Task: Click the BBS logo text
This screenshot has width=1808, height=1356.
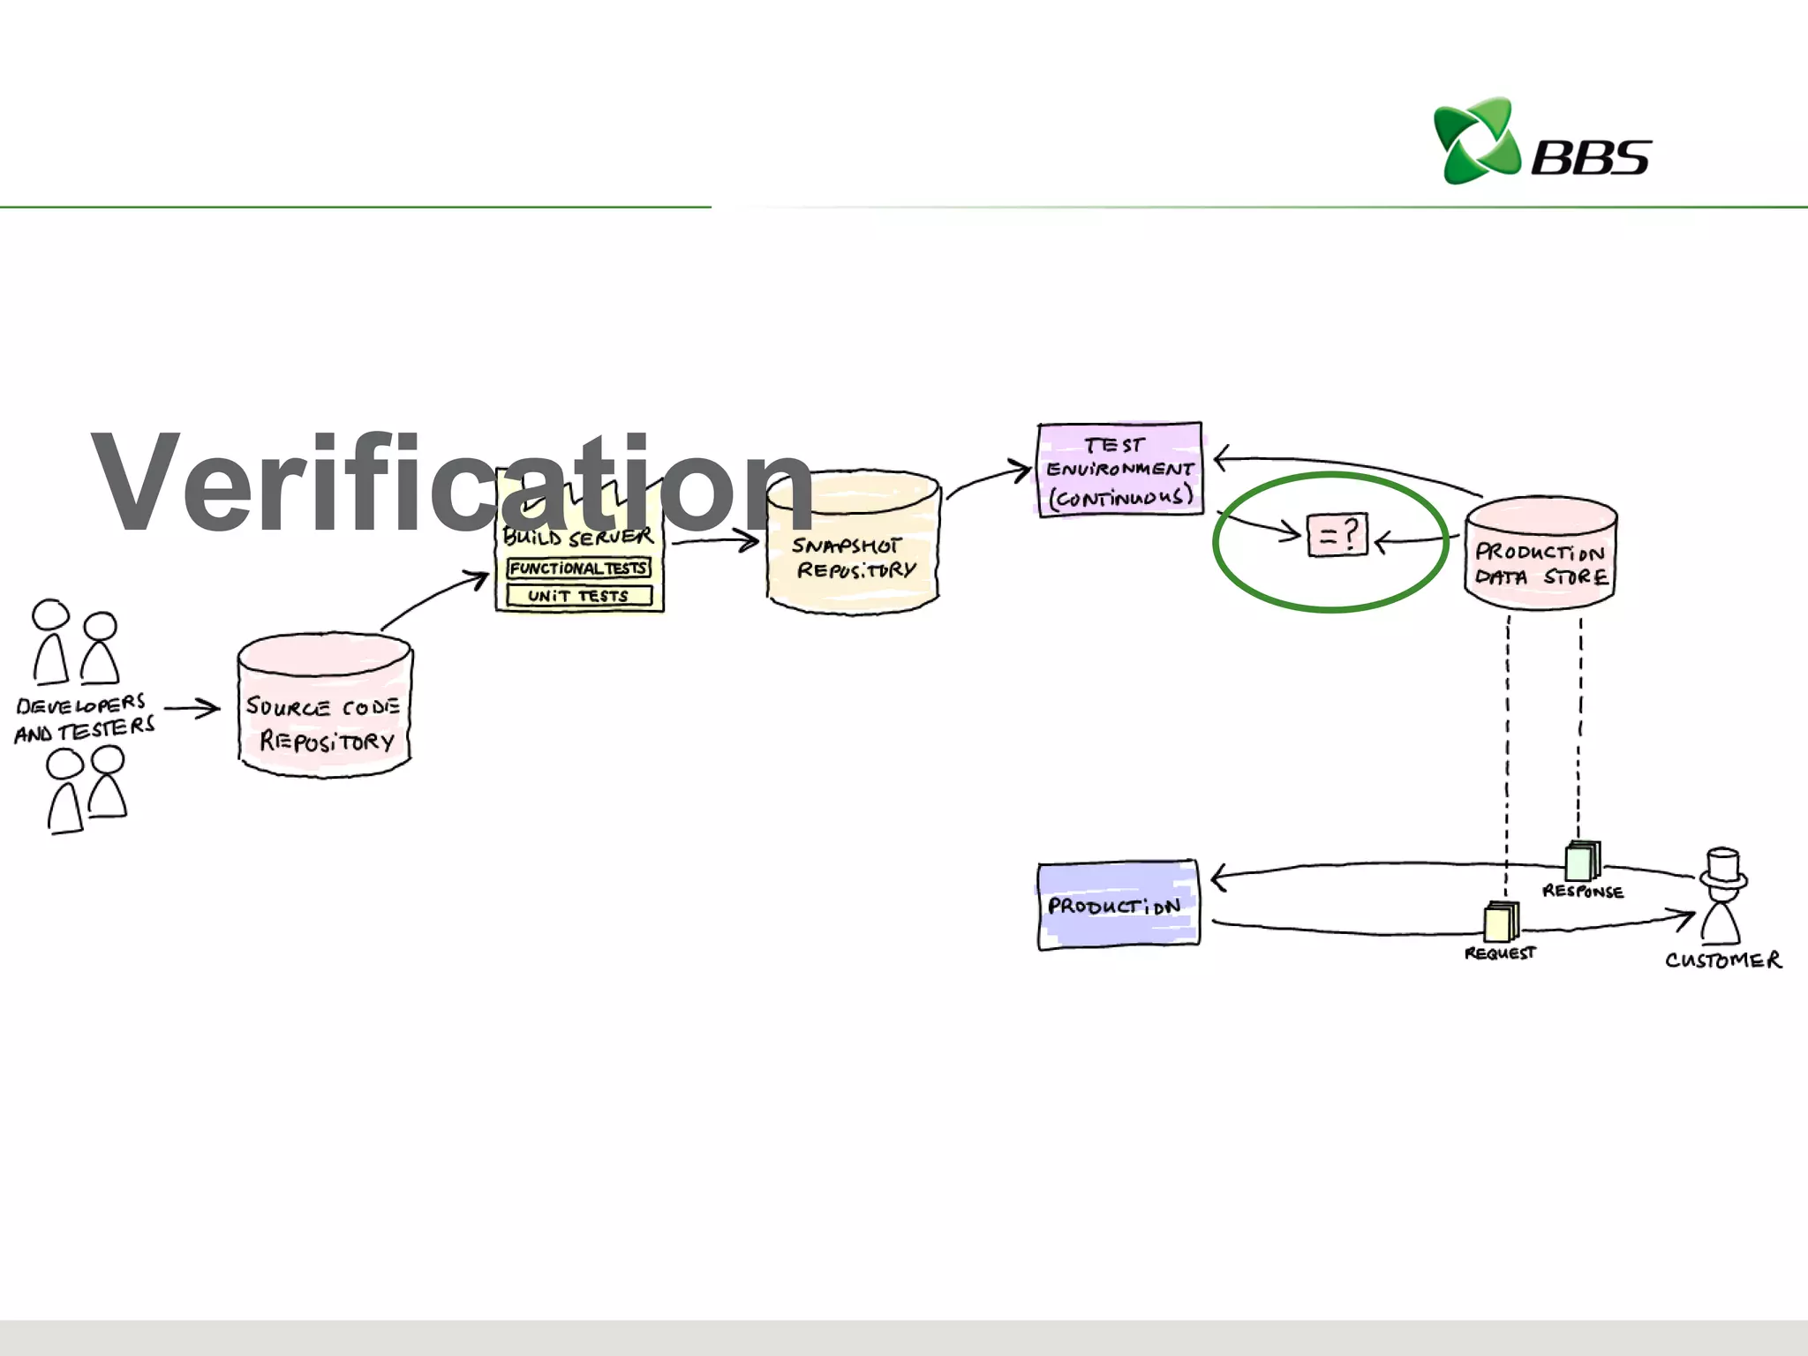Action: (1590, 158)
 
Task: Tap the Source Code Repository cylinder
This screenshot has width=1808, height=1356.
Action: (324, 706)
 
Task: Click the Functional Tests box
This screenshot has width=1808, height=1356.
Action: (578, 569)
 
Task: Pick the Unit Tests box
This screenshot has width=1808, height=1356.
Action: (578, 596)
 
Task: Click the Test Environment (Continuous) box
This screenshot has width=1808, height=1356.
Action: (1119, 470)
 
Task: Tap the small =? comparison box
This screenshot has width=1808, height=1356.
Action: (1337, 535)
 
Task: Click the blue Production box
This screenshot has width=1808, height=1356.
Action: (1118, 905)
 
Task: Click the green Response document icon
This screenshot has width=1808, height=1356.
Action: (1581, 861)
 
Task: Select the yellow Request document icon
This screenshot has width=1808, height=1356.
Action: (1500, 923)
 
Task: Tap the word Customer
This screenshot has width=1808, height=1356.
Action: (1722, 960)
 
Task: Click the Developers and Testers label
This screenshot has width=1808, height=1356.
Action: (84, 718)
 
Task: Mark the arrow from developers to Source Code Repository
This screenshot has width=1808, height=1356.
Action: (192, 708)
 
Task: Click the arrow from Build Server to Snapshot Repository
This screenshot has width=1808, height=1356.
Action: (715, 542)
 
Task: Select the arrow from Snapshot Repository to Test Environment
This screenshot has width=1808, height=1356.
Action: (989, 480)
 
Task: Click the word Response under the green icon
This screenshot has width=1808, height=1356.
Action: (1582, 892)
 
